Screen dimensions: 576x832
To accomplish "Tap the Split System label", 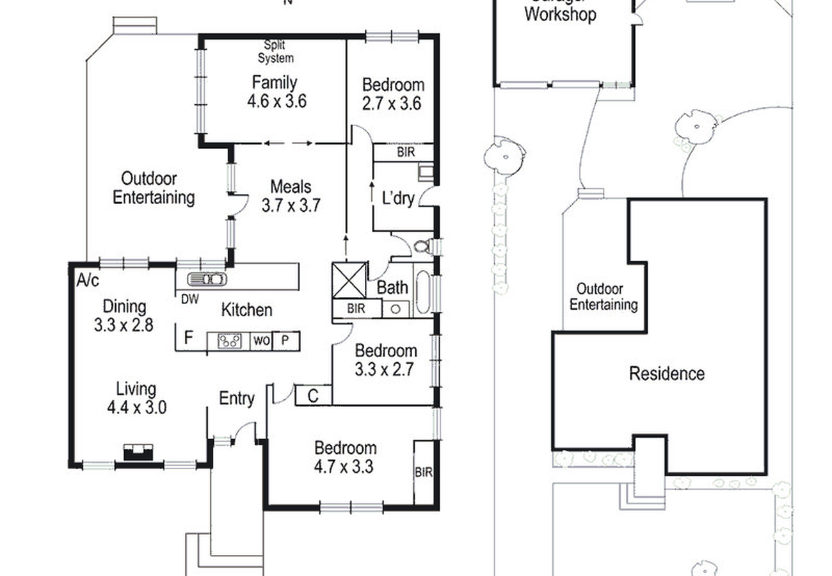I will (276, 52).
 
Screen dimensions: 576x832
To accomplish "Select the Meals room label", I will (291, 187).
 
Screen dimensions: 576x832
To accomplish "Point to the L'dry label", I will (398, 199).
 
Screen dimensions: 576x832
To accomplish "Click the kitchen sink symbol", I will (207, 279).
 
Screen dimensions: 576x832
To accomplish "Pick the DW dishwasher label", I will (189, 298).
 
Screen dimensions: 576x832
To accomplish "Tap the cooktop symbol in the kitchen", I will (229, 340).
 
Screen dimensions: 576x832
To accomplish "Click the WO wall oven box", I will (261, 340).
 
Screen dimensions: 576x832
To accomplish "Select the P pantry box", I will (285, 340).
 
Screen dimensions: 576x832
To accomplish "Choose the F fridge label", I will (189, 339).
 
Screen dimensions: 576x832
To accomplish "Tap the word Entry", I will (237, 398).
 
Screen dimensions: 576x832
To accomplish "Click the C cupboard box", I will (313, 396).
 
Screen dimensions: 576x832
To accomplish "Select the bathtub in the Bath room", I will (422, 292).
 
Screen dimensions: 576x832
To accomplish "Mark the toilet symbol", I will (422, 246).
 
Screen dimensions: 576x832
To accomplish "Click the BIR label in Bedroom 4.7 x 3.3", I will (424, 473).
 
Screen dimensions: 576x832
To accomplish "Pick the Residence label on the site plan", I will (667, 373).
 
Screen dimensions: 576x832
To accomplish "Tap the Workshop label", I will (560, 15).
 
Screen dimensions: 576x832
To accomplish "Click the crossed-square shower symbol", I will (349, 280).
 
